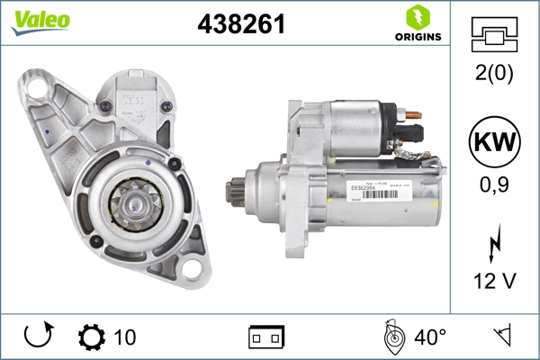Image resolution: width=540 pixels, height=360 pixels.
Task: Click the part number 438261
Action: tap(241, 25)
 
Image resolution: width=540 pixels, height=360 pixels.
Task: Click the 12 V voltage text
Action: tap(493, 281)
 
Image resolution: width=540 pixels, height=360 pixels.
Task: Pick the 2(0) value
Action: tap(493, 75)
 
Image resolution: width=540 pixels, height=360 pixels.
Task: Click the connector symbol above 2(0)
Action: tap(493, 35)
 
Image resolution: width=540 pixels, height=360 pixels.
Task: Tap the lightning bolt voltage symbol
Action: tap(493, 243)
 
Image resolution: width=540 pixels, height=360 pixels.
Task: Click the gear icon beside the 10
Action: tap(92, 337)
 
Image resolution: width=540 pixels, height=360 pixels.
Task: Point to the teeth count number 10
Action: tap(125, 337)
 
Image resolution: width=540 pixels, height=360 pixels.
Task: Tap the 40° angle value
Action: tap(430, 337)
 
